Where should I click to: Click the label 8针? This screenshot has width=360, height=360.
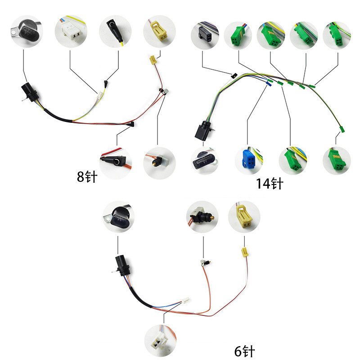pos(87,176)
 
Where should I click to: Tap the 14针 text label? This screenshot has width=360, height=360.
pos(270,184)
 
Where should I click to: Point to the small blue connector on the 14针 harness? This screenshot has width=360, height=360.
pos(269,82)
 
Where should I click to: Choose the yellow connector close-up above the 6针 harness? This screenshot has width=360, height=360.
pos(244,217)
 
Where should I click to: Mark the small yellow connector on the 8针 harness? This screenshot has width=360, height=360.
pos(153,58)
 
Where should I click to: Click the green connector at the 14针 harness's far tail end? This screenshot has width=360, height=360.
pos(340,130)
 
